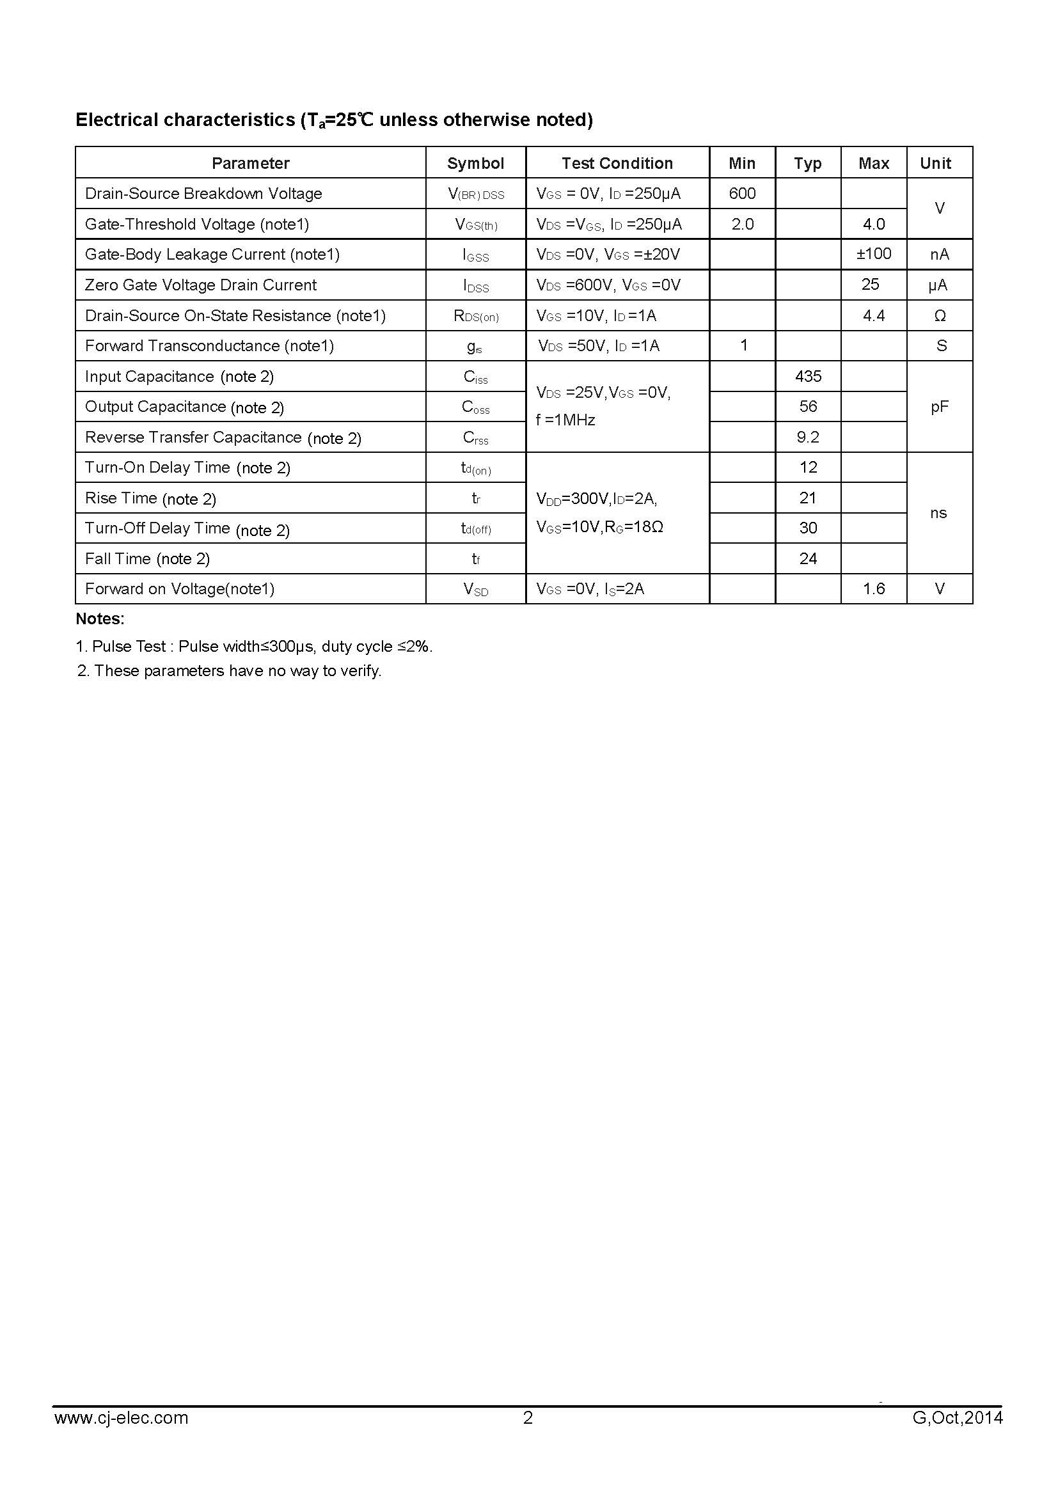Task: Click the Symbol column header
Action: click(x=475, y=163)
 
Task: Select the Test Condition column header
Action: click(x=617, y=163)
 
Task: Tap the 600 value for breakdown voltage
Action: click(x=742, y=194)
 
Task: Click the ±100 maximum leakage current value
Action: click(x=874, y=253)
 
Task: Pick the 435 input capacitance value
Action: click(x=808, y=376)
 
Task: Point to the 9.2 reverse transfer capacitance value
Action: click(x=808, y=437)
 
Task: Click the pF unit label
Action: click(x=939, y=407)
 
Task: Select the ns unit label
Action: click(x=938, y=513)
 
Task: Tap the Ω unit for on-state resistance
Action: click(x=940, y=315)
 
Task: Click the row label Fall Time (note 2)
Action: click(x=147, y=558)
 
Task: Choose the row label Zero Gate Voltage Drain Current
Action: click(x=201, y=285)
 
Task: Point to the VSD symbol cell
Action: click(x=475, y=589)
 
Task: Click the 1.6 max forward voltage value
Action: click(x=874, y=589)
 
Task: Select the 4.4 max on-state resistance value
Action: click(x=874, y=315)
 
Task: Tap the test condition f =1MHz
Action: click(x=565, y=420)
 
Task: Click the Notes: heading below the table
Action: click(x=100, y=618)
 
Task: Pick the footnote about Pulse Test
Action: click(x=254, y=647)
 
